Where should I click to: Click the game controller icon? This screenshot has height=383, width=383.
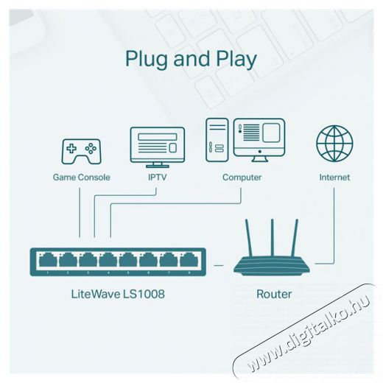[x=81, y=152]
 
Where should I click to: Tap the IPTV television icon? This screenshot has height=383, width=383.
[x=158, y=147]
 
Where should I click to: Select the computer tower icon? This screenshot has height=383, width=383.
[x=217, y=140]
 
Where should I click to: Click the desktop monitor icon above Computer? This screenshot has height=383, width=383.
[x=259, y=140]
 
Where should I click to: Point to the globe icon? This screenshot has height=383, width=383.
[x=334, y=144]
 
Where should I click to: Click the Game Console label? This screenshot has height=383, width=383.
[x=82, y=178]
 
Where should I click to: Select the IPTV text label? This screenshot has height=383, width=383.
[x=158, y=178]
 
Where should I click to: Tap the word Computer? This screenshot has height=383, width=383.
[x=242, y=178]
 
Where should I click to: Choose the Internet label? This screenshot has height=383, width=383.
[x=334, y=178]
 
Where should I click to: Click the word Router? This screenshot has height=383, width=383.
[x=274, y=294]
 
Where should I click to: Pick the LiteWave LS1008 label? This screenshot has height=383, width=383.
[x=118, y=294]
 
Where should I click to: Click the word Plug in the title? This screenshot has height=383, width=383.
[x=147, y=60]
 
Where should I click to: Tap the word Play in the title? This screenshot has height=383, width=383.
[x=236, y=60]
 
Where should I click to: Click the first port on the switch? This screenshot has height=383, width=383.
[x=48, y=259]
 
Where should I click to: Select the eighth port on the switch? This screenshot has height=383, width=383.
[x=189, y=259]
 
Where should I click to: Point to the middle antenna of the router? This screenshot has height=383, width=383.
[x=272, y=238]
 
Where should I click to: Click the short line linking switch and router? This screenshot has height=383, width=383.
[x=219, y=265]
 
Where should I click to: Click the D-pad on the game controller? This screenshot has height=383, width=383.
[x=71, y=149]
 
